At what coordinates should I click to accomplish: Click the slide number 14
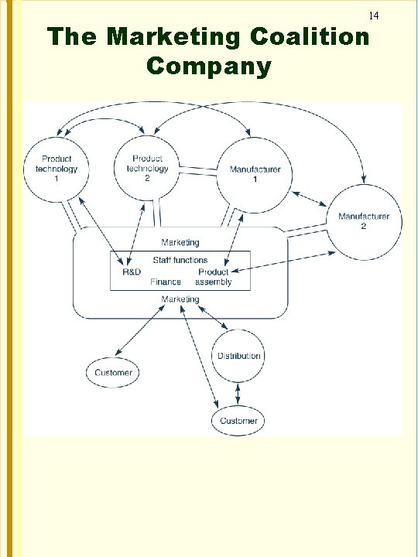point(373,15)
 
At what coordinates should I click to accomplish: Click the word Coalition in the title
point(311,37)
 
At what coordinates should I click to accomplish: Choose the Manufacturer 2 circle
point(364,221)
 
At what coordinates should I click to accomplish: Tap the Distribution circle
point(239,356)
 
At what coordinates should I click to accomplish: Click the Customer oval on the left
point(114,372)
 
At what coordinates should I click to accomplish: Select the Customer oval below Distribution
point(239,421)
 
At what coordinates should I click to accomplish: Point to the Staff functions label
point(180,261)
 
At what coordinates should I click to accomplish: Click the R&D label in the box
point(132,272)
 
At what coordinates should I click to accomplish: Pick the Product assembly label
point(214,277)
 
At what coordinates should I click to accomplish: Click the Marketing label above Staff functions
point(180,243)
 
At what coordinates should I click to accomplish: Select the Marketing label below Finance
point(180,299)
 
